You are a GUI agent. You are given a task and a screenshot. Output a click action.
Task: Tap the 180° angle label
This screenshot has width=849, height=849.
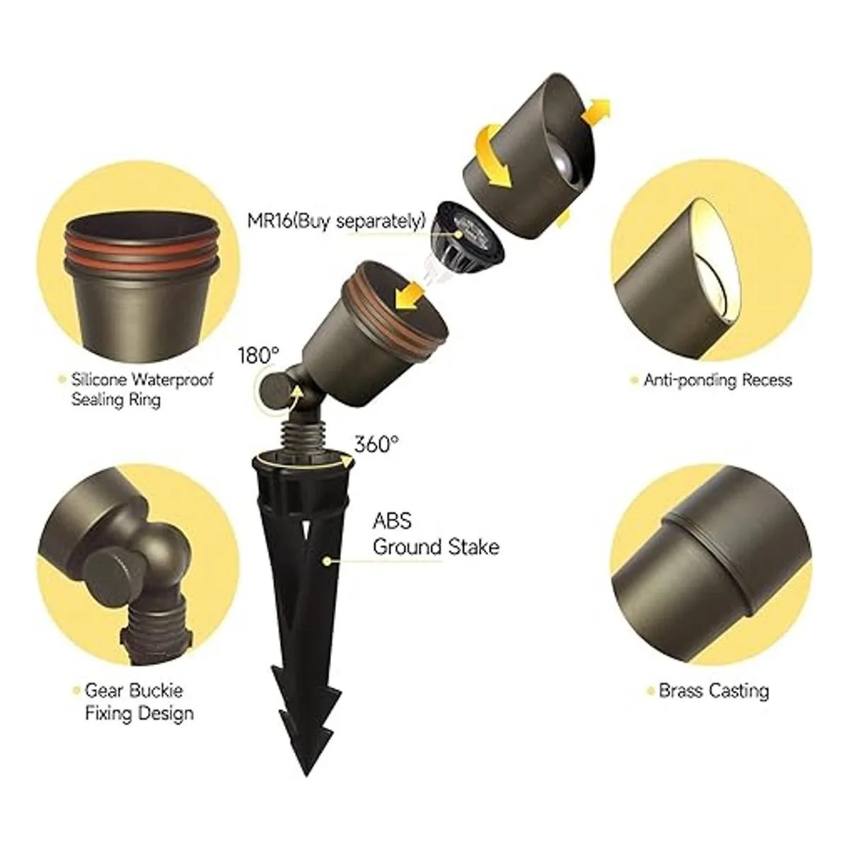click(259, 355)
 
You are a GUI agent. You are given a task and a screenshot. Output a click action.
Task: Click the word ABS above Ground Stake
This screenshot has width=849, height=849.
click(392, 520)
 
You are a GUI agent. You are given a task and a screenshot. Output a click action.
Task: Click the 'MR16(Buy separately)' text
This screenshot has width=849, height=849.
click(336, 221)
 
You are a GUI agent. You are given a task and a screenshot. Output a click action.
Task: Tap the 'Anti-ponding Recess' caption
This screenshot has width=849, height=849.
click(717, 380)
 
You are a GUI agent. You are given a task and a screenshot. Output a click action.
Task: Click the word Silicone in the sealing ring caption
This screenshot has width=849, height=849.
click(100, 379)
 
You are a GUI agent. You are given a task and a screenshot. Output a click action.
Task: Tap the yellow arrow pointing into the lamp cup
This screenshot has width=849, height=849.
click(410, 296)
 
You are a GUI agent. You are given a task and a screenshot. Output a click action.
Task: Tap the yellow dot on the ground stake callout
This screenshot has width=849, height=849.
click(326, 560)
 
